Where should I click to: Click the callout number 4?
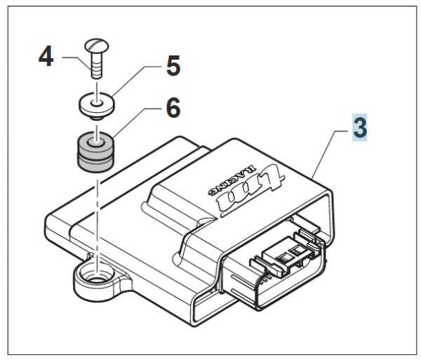(44, 57)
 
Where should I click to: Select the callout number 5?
(173, 67)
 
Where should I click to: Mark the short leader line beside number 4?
(72, 57)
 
